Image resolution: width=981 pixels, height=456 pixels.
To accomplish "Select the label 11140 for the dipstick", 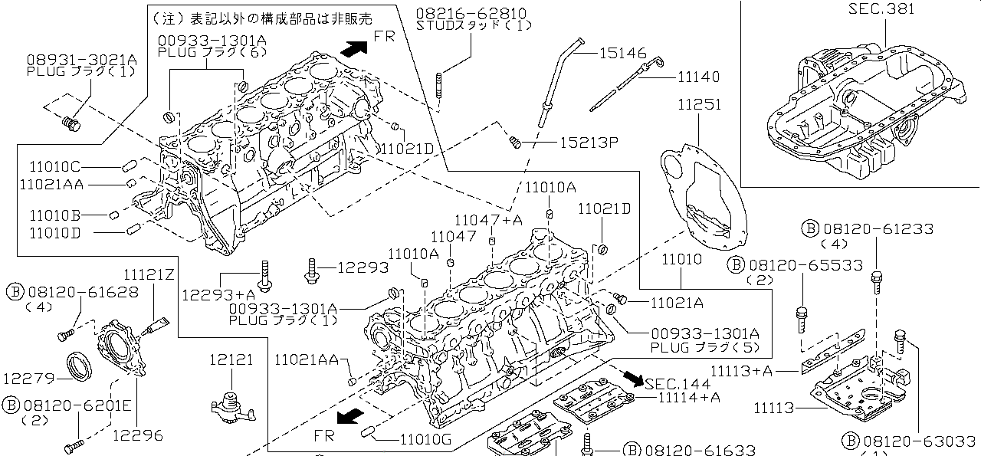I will click(x=698, y=77).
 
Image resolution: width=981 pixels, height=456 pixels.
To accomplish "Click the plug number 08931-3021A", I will click(x=81, y=59).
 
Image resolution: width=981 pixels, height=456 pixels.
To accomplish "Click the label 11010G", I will click(x=425, y=439).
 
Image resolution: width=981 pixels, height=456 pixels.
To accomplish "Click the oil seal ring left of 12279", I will click(x=78, y=366).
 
